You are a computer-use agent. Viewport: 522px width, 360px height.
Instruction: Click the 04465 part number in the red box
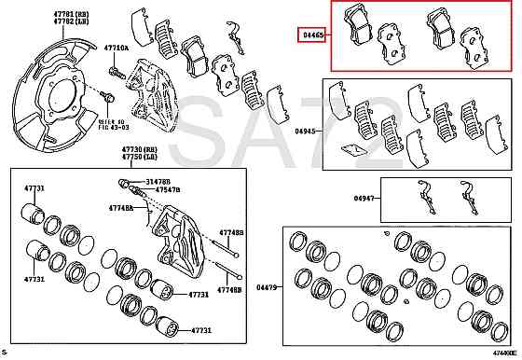click(x=312, y=35)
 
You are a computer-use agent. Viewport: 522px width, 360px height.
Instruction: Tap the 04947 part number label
click(x=365, y=198)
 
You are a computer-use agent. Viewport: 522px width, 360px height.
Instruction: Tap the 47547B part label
click(x=168, y=190)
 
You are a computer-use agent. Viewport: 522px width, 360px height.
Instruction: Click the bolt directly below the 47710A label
click(x=114, y=71)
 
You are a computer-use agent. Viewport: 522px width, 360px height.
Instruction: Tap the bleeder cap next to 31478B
click(x=122, y=181)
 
